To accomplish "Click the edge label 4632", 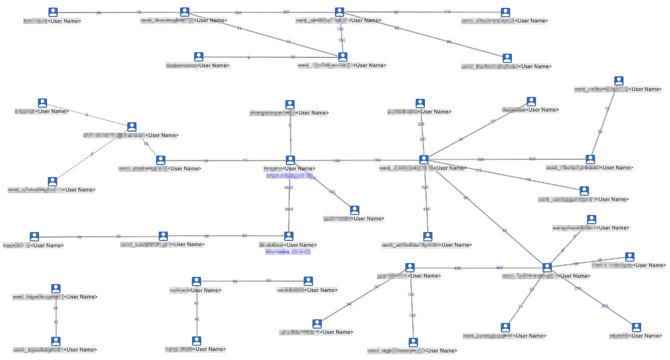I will (289, 188).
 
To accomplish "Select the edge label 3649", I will (289, 209).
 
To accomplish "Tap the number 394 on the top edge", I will (238, 13).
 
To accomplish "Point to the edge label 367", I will (286, 12).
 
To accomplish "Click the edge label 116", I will (447, 12).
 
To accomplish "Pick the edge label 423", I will (532, 159).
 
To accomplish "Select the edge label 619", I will (427, 209).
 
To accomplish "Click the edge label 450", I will (457, 268).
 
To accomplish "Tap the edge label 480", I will (499, 268).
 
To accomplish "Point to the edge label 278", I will (578, 289).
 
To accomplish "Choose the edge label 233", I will (605, 306).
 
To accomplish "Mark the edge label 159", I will (337, 161).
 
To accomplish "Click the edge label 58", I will (98, 13).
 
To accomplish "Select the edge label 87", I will (268, 281).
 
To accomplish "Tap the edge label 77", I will (608, 109).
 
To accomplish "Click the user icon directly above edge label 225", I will (420, 103).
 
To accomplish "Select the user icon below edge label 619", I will (428, 236).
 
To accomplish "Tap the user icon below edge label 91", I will (56, 341).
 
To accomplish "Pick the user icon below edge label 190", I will (413, 342).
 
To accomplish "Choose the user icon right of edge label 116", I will (505, 12).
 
